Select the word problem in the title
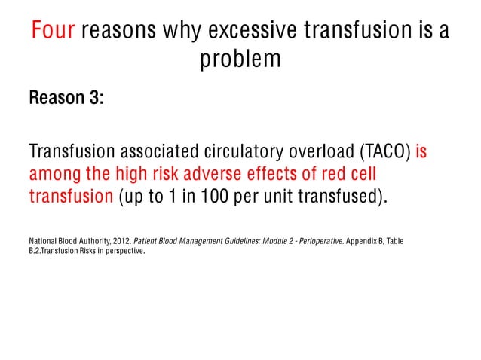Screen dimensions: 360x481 tap(240, 59)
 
